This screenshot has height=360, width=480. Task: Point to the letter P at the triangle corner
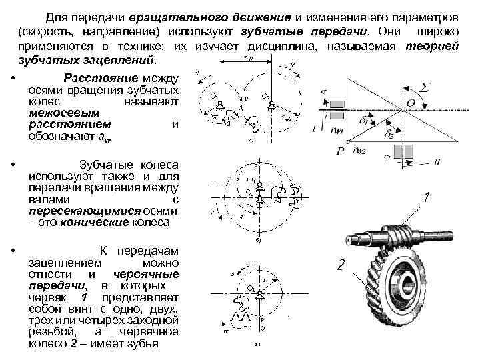340,152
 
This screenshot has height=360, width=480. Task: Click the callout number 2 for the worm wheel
339,267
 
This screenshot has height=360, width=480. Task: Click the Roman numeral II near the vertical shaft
437,159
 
